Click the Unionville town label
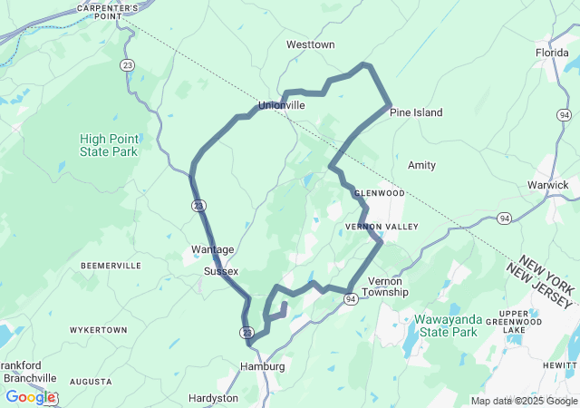(x=281, y=105)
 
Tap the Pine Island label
(x=416, y=112)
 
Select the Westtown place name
(x=310, y=44)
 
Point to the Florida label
(x=551, y=53)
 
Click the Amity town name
(x=421, y=165)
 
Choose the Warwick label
(x=547, y=185)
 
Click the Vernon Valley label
(x=382, y=226)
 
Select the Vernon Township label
(x=386, y=287)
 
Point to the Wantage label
(x=213, y=249)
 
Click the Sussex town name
(x=221, y=271)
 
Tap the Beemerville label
(x=111, y=265)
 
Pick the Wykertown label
(x=99, y=330)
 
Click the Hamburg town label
(x=262, y=366)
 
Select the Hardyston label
(x=213, y=398)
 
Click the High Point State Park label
(x=108, y=145)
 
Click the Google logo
(x=30, y=397)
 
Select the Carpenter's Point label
(x=108, y=11)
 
